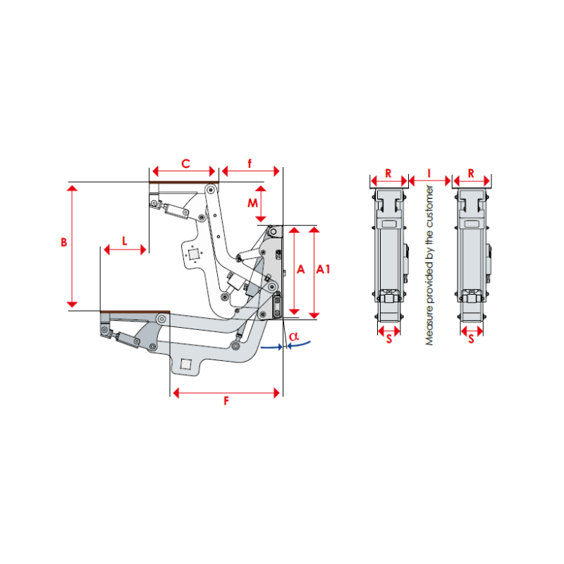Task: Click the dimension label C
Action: coord(185,164)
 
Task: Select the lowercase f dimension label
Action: coord(250,164)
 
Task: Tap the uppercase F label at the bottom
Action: coord(226,401)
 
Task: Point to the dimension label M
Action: coord(252,203)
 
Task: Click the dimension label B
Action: coord(63,242)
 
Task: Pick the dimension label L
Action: coord(125,240)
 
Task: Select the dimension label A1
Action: coord(323,269)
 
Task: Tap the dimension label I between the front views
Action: coord(430,172)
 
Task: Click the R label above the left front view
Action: coord(388,172)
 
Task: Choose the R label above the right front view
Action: coord(471,172)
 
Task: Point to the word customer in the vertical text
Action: coord(429,207)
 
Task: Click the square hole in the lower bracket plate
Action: coord(187,364)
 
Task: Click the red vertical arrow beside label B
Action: coord(72,244)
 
